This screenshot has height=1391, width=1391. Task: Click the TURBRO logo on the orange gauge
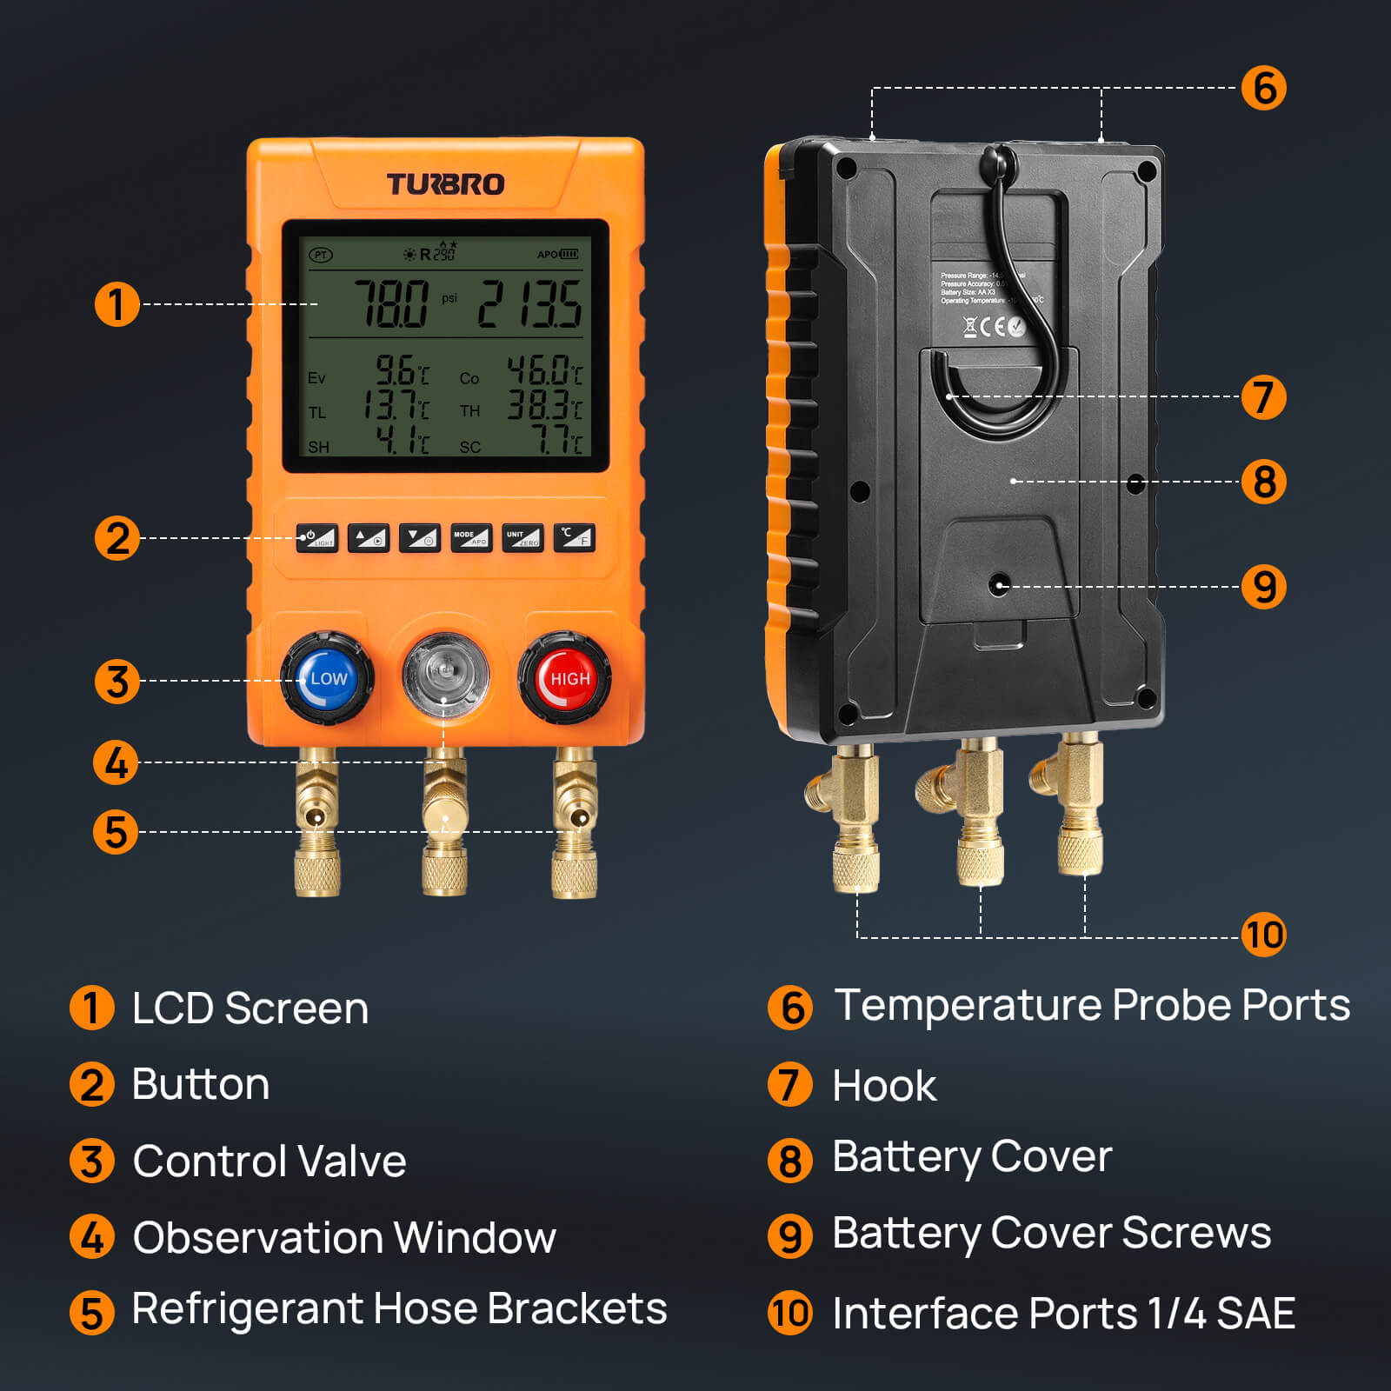coord(445,184)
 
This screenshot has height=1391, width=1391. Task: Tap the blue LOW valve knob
coord(327,678)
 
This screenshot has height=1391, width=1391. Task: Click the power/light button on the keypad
coord(316,537)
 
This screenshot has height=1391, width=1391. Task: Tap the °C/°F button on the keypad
coord(574,537)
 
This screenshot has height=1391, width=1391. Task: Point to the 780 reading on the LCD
coord(391,304)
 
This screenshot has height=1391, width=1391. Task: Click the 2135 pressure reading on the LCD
coord(529,304)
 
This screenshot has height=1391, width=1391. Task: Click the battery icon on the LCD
coord(569,254)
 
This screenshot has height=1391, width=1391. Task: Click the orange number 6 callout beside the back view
coord(1263,88)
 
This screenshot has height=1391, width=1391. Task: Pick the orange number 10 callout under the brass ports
coord(1263,935)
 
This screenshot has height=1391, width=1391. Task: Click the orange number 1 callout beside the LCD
coord(116,304)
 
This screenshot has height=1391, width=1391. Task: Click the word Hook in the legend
coord(884,1086)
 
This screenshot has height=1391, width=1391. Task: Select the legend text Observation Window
coord(344,1237)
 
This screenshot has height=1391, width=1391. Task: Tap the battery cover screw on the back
coord(1000,585)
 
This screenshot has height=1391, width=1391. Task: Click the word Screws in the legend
coord(1196,1233)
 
